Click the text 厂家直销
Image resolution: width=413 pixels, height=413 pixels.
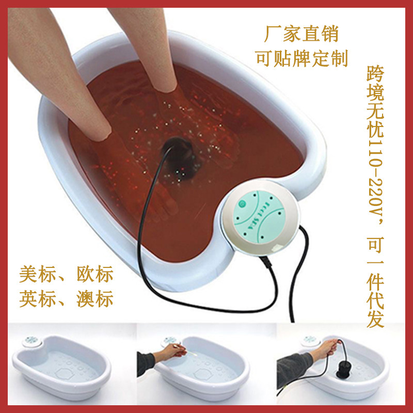coord(301,34)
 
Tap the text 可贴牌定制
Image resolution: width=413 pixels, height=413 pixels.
coord(301,58)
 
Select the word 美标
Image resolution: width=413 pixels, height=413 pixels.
coord(37,274)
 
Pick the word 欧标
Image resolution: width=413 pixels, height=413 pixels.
coord(95,274)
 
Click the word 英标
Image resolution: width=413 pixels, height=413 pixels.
coord(37,298)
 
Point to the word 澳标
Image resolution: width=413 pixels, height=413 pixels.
coord(95,298)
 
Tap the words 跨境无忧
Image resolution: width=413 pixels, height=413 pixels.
coord(375,102)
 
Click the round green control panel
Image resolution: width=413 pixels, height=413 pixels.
coord(258,216)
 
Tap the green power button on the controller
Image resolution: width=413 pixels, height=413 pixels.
coord(241,203)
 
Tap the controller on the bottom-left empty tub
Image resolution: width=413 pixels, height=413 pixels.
coord(32,341)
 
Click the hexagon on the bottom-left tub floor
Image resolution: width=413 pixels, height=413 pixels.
coord(65,373)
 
